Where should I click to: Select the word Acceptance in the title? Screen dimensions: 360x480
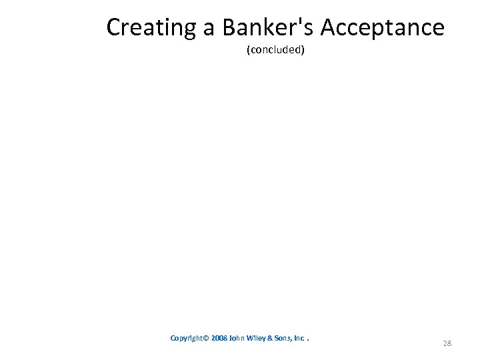pos(383,28)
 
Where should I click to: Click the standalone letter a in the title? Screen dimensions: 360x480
pos(209,29)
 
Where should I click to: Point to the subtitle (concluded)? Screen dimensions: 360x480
pos(275,50)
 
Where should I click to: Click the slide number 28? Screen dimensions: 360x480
pos(447,343)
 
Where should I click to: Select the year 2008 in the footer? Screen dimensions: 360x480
pos(220,338)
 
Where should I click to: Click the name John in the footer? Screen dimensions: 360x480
pos(237,338)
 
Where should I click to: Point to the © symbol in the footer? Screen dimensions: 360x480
pos(207,338)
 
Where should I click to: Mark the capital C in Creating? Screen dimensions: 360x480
pos(114,28)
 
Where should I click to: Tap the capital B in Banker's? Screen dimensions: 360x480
pos(230,28)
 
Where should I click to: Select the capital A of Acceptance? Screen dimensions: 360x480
pos(330,28)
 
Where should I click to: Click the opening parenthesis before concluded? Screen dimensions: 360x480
pos(248,50)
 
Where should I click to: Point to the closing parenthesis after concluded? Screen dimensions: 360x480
pos(303,50)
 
